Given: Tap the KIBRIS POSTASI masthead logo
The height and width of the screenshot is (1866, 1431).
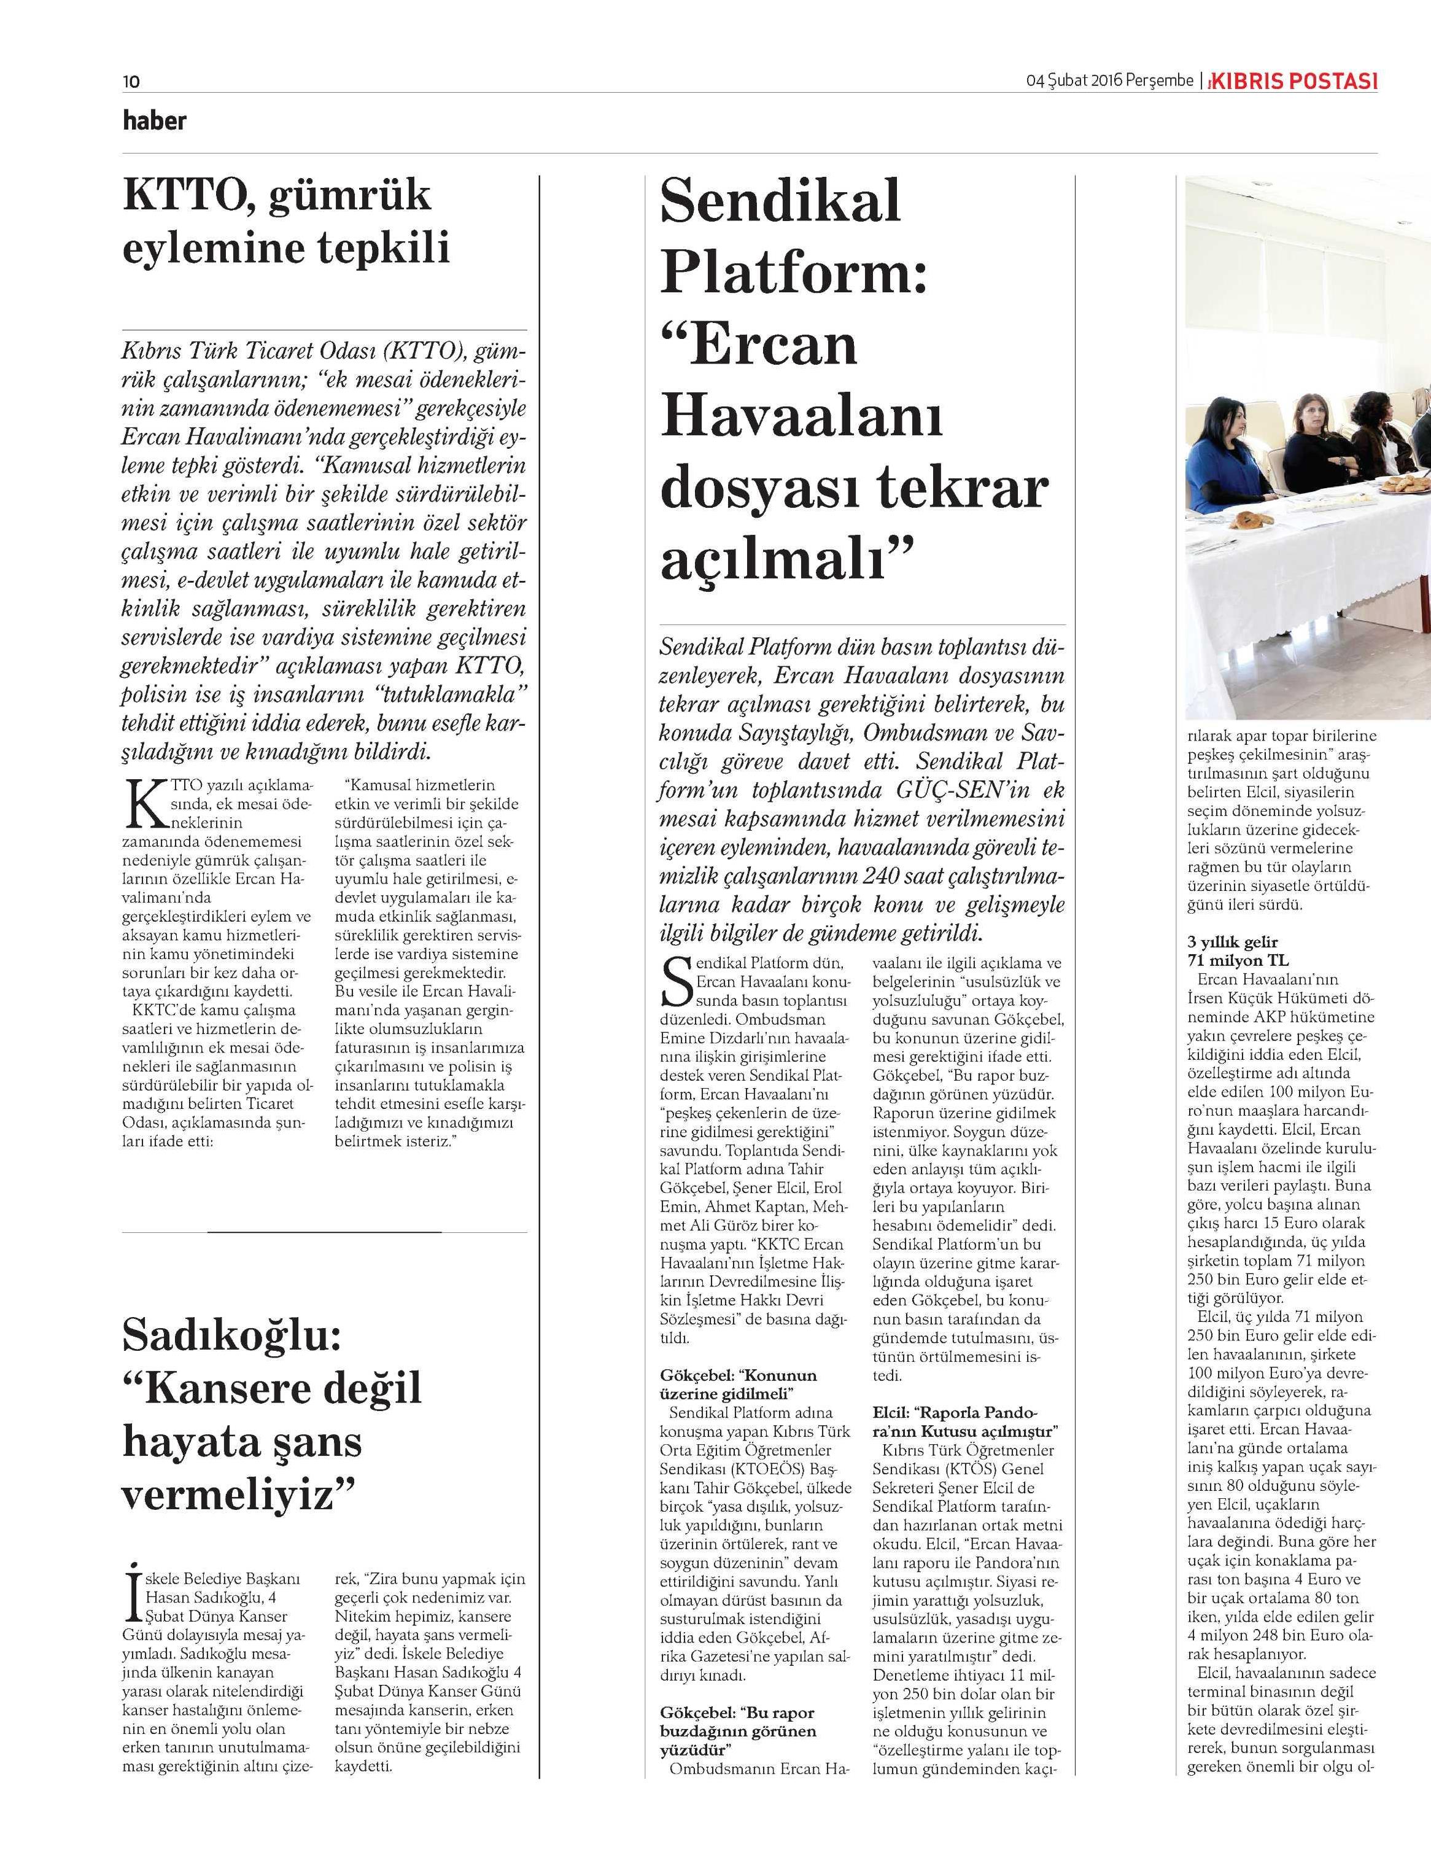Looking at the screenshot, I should pos(1295,82).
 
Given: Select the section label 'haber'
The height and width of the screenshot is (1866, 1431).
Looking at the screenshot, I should pos(154,120).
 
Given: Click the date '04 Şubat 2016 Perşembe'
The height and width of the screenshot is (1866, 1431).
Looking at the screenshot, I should pos(1109,82).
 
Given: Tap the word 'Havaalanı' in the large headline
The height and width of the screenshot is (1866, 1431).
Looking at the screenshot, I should pos(801,418).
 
